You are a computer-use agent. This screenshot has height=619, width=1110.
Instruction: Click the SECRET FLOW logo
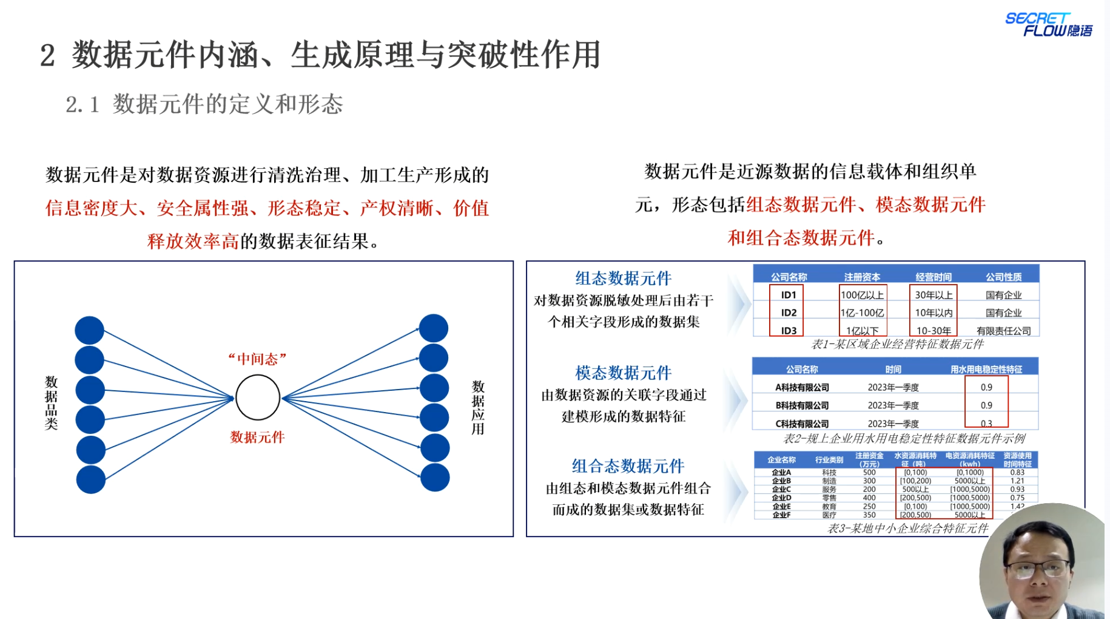click(1048, 25)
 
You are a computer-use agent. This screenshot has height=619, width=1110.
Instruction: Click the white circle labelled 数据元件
click(258, 397)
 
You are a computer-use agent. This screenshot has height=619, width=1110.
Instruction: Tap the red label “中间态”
click(257, 359)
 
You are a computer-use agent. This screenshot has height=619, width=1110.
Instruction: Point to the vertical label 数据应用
click(478, 407)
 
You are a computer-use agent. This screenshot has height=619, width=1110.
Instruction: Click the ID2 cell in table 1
click(789, 313)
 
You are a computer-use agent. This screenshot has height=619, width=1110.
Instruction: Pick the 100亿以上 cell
click(862, 295)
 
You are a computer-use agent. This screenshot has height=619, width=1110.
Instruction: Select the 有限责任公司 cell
click(1003, 331)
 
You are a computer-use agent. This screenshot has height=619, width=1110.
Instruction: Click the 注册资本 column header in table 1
click(862, 277)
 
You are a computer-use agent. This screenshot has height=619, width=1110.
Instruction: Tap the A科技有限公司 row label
click(802, 387)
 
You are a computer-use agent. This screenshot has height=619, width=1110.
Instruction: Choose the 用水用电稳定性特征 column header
click(986, 369)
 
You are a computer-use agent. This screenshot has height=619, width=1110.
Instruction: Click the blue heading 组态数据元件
click(623, 279)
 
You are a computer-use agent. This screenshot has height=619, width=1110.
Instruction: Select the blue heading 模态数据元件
click(623, 373)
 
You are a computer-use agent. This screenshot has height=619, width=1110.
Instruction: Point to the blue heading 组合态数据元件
click(628, 466)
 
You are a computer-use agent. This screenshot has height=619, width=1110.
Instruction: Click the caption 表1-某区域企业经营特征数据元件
click(897, 345)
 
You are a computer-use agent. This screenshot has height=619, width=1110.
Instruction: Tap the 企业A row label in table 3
click(781, 472)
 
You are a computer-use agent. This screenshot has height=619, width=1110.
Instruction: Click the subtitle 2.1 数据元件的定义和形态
click(204, 104)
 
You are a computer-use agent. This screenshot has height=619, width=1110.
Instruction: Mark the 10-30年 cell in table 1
click(933, 331)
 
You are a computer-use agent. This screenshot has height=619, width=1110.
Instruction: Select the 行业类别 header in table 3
click(829, 459)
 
